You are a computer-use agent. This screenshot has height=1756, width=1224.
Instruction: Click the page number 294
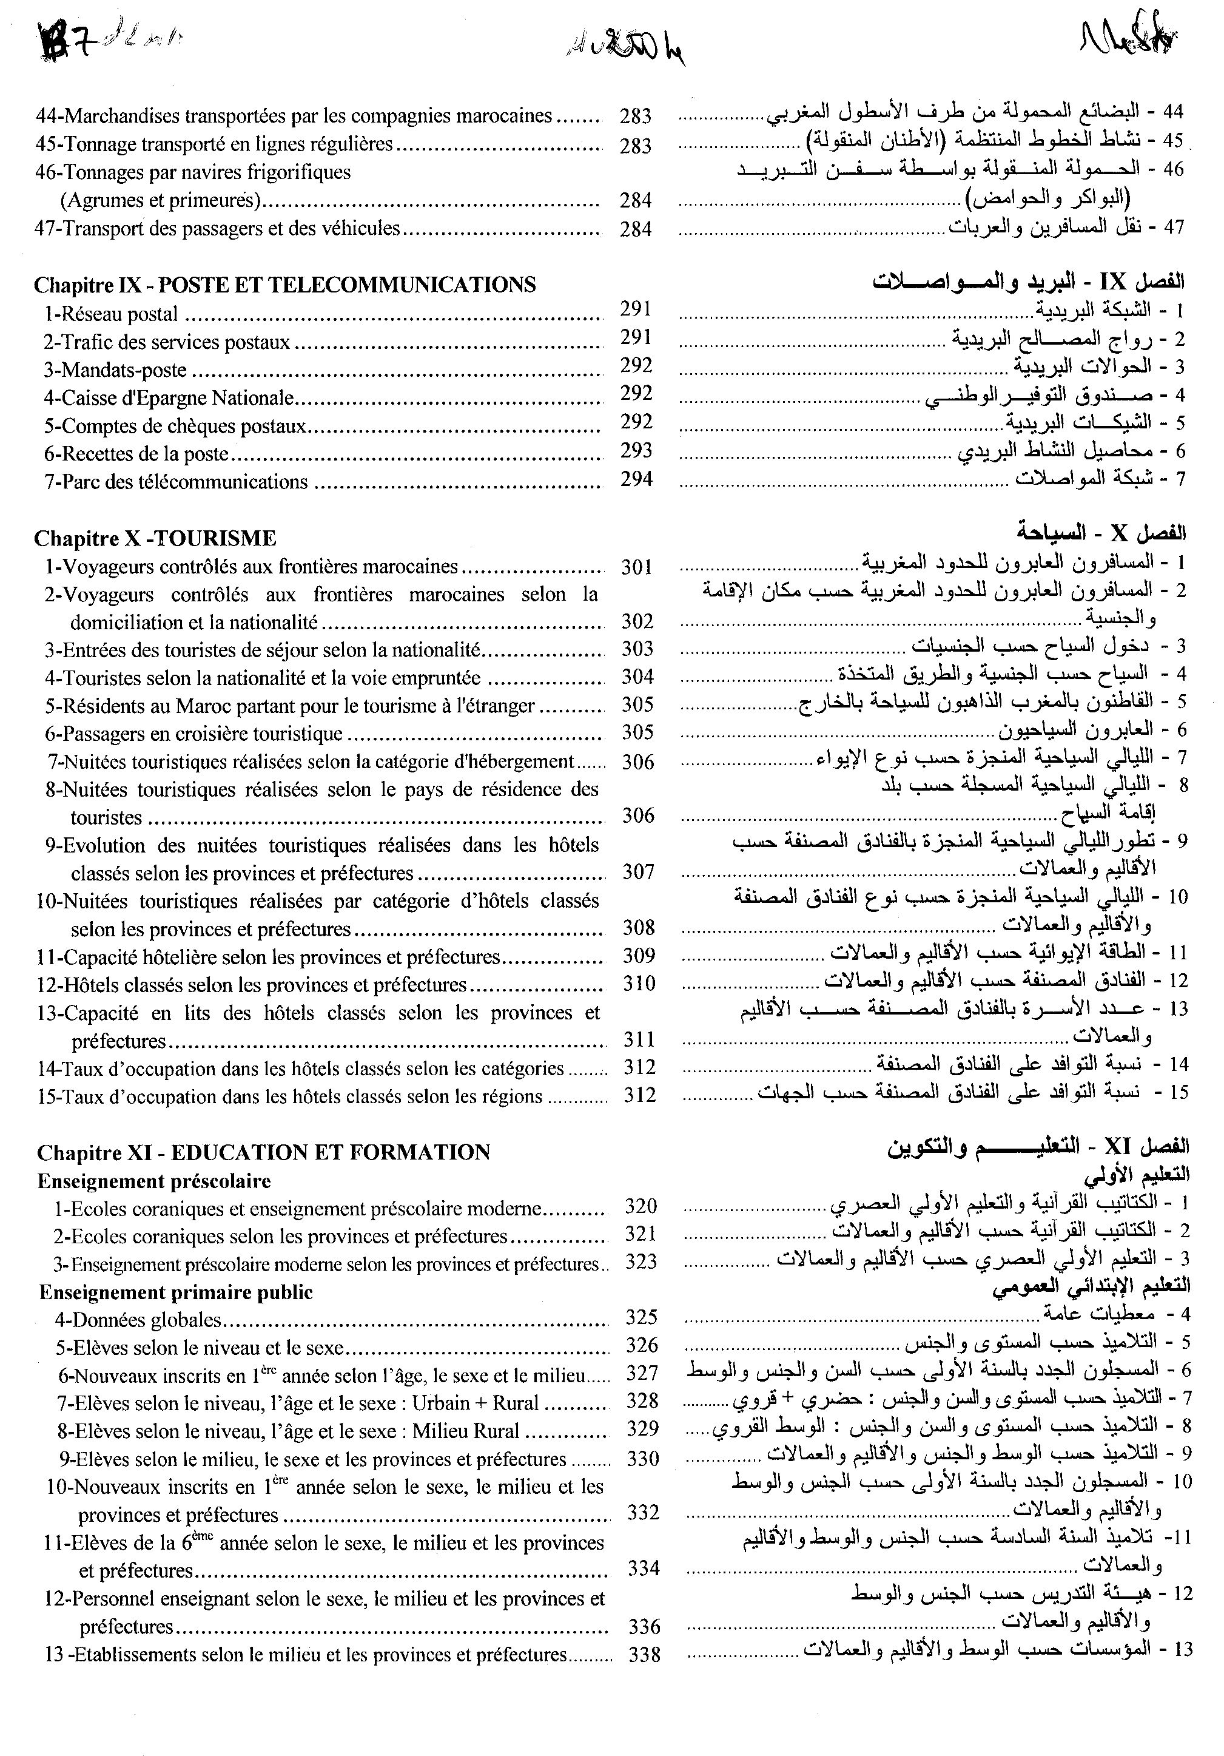point(636,479)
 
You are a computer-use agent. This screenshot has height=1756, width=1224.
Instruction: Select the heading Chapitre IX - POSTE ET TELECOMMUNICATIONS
point(284,285)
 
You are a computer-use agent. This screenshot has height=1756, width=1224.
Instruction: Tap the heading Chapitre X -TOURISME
point(155,538)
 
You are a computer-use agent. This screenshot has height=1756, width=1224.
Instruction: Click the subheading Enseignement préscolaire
point(153,1181)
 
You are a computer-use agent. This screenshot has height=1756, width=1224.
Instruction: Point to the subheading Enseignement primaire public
point(176,1292)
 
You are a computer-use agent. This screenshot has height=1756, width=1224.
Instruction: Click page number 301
point(636,567)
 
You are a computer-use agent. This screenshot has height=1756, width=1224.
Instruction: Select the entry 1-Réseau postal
point(111,314)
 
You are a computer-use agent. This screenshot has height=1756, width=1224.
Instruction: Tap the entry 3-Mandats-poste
point(115,370)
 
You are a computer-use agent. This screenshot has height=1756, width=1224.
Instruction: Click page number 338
point(644,1654)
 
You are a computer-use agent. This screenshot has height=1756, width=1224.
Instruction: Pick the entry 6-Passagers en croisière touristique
point(193,734)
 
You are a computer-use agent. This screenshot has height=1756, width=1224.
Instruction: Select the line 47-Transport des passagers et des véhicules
point(217,228)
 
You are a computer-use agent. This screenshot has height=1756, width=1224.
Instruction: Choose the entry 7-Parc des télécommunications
point(176,482)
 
